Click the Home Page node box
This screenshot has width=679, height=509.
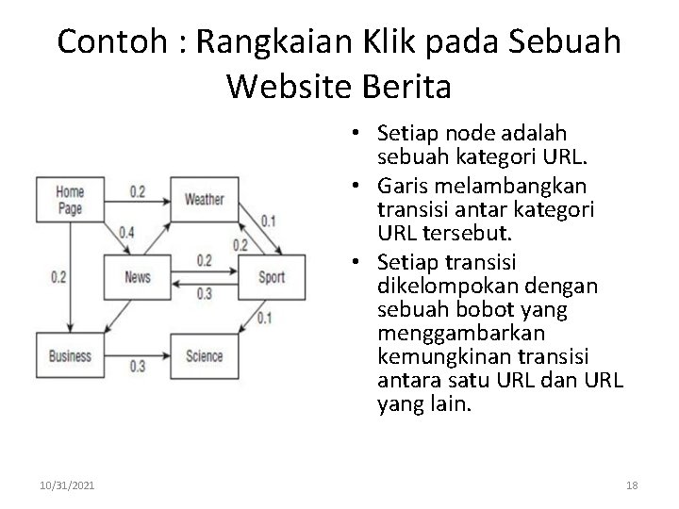[x=70, y=199]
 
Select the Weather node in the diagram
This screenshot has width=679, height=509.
[x=204, y=199]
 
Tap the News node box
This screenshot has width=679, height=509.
[x=137, y=277]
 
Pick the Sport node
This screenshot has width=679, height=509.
[x=271, y=277]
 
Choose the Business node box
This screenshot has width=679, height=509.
[x=70, y=355]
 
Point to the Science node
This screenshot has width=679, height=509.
[x=204, y=355]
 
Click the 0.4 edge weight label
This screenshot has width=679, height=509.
[x=126, y=232]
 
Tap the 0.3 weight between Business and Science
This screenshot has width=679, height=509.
[x=137, y=367]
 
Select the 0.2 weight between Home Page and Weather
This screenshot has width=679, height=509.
[x=137, y=192]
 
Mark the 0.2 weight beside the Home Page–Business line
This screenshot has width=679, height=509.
[x=58, y=277]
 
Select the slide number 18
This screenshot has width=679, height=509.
[x=632, y=484]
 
